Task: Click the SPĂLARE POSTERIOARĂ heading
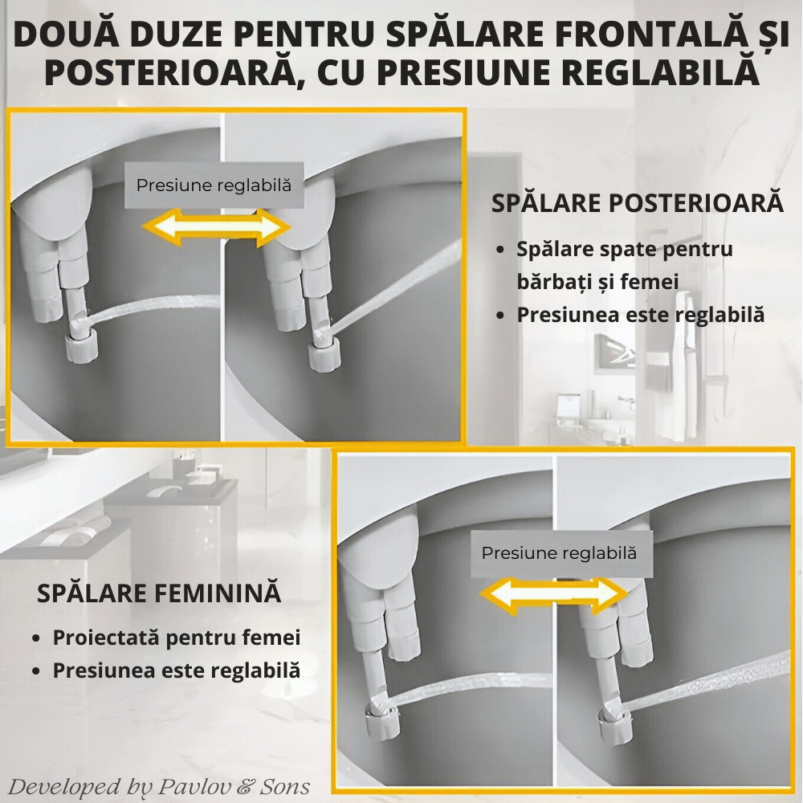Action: click(638, 202)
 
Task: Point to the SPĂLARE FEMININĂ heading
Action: click(159, 593)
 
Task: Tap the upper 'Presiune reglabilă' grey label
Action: click(214, 185)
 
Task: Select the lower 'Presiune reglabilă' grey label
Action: click(561, 553)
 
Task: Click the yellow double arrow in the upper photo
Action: click(216, 227)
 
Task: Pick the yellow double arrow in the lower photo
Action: click(553, 596)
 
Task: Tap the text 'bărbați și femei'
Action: click(597, 282)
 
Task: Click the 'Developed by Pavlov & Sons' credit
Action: click(159, 787)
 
